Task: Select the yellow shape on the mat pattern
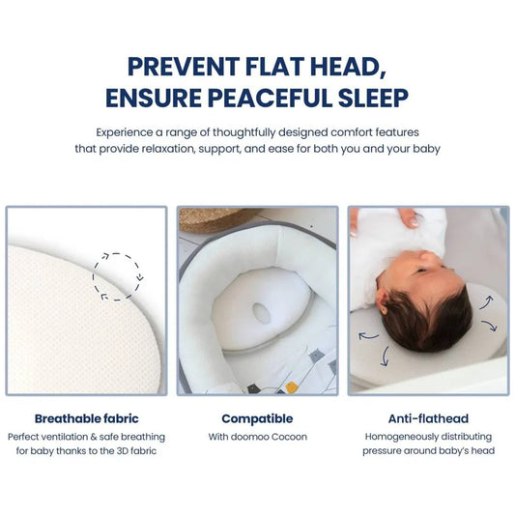[292, 386]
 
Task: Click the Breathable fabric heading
[87, 418]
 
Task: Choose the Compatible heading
[257, 418]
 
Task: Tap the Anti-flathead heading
[428, 418]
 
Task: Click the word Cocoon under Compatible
[286, 437]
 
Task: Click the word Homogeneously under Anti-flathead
[393, 437]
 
